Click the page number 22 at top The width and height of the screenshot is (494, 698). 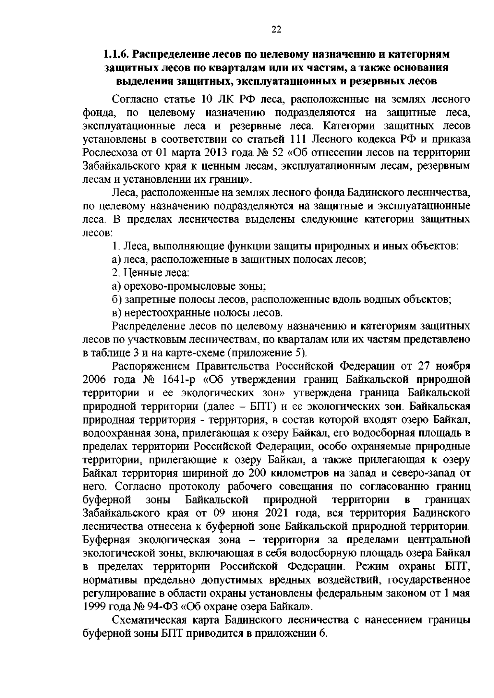pos(276,29)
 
